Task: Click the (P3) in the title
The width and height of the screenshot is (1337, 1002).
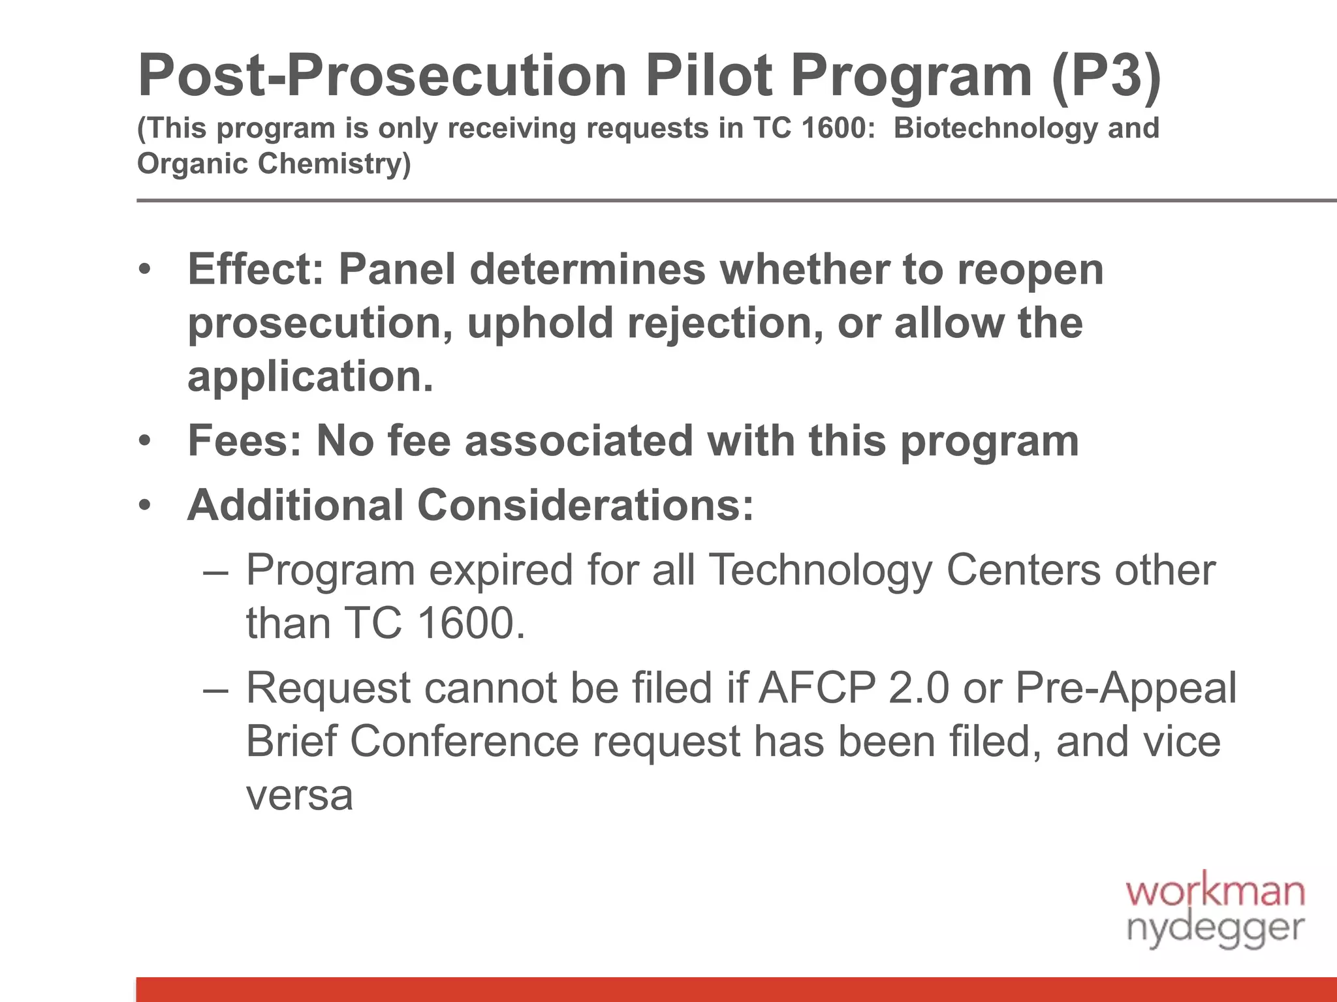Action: tap(1107, 77)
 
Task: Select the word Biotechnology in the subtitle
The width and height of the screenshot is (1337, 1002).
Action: tap(994, 128)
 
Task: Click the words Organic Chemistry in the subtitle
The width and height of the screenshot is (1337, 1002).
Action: tap(274, 163)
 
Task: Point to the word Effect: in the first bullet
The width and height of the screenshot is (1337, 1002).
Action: tap(255, 269)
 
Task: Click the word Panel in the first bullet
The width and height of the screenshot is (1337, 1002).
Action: tap(396, 269)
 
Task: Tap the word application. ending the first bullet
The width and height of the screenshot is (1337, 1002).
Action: tap(310, 376)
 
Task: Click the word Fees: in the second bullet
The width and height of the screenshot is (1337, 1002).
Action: tap(245, 441)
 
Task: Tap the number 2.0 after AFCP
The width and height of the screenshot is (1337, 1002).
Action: tap(919, 689)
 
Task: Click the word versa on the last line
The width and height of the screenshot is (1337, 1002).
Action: tap(299, 796)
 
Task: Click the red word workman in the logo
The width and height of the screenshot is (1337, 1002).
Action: tap(1216, 892)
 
